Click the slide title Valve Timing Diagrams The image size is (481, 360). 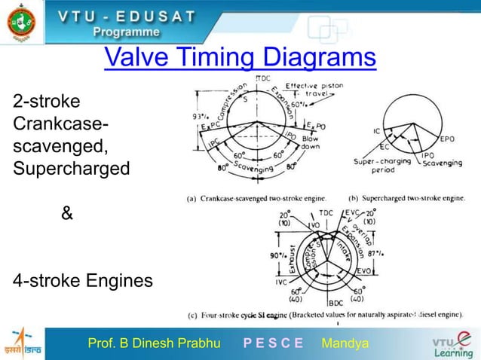point(240,58)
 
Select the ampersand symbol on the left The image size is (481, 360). point(67,214)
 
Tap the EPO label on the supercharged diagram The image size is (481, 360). point(448,139)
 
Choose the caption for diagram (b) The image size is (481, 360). point(407,198)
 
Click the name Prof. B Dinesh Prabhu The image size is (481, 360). point(154,344)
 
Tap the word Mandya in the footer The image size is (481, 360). point(345,344)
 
